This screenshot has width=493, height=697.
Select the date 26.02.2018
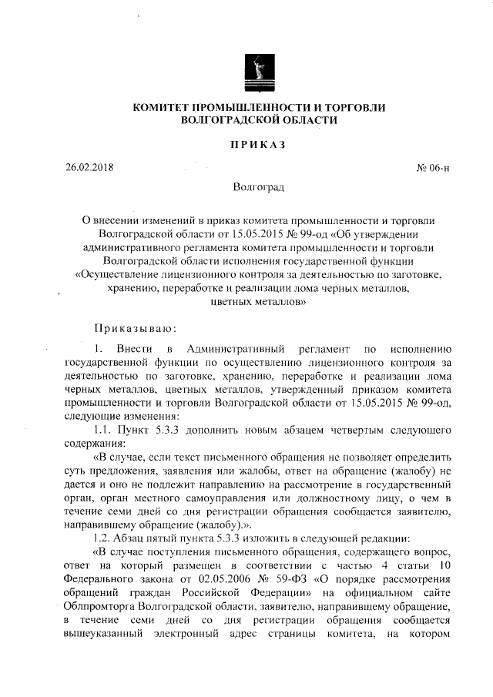pyautogui.click(x=89, y=167)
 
